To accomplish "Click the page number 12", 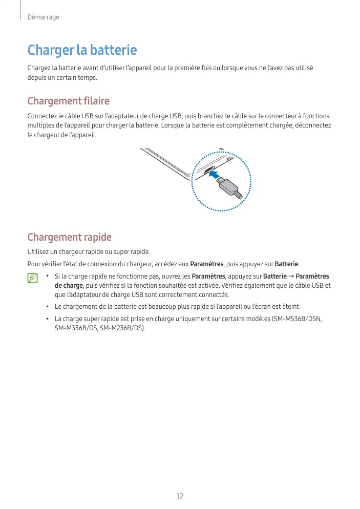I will point(180,497).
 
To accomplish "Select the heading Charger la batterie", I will point(82,50).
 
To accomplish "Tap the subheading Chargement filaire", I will point(68,100).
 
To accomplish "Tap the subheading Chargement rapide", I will point(69,237).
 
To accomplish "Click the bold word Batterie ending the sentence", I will point(287,264).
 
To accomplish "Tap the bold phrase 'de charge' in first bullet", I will point(69,285).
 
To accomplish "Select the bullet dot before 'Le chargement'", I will point(47,307).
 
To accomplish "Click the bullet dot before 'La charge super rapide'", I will point(47,319).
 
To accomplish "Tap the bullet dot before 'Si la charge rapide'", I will point(47,277).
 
